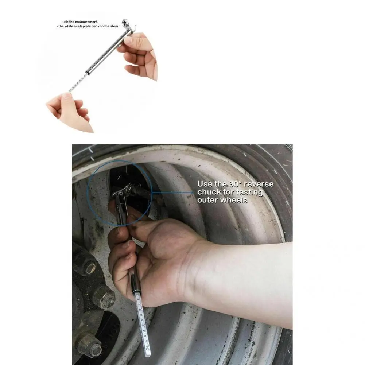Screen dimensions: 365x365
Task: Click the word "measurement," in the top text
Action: click(x=84, y=22)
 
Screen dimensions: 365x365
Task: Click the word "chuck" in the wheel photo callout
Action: click(x=209, y=192)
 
